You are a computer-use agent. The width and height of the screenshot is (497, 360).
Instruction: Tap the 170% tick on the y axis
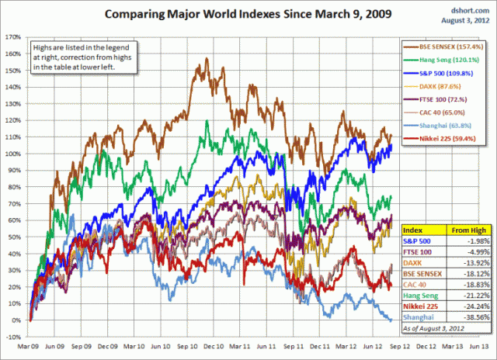pos(12,36)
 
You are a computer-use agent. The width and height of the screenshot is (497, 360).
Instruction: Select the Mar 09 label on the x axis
pos(29,348)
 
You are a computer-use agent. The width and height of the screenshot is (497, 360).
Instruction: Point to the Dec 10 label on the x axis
pos(214,348)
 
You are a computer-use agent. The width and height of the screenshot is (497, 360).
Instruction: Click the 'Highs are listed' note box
pos(83,57)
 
